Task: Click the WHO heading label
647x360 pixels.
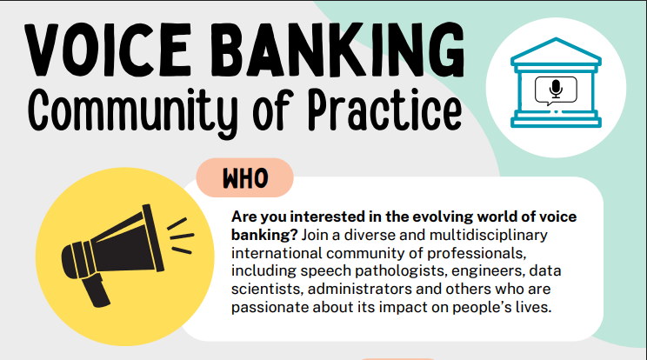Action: pyautogui.click(x=245, y=178)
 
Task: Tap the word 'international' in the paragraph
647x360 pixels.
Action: pyautogui.click(x=275, y=253)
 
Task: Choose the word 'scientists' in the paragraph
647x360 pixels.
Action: pyautogui.click(x=264, y=289)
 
